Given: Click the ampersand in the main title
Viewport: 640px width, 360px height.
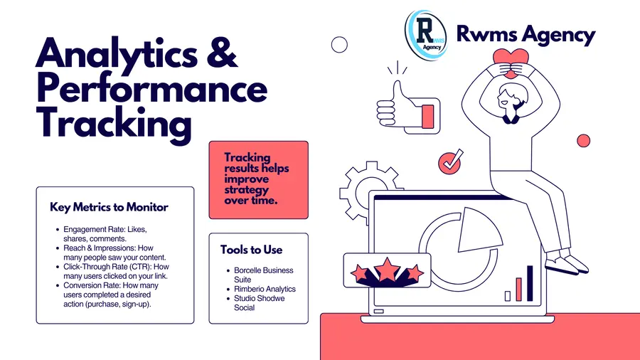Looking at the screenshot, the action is tap(222, 53).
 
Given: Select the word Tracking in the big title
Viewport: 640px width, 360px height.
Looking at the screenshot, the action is tap(114, 124).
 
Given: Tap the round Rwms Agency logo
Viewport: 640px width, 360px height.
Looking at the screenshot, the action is tap(426, 36).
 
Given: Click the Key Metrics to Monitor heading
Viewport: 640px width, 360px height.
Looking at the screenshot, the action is tap(109, 207).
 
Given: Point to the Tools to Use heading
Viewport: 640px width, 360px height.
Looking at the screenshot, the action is tap(252, 250).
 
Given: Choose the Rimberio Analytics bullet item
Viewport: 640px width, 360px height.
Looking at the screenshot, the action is tap(265, 289).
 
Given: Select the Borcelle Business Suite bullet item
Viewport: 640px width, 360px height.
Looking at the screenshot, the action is tap(263, 275).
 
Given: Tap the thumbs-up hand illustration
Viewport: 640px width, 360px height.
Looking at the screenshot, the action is tap(407, 107).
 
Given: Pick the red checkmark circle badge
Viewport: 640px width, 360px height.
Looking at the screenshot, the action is tap(449, 163).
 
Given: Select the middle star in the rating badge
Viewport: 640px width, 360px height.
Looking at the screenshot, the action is tap(387, 270).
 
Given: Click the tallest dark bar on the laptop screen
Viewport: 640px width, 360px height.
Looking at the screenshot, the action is tap(530, 283).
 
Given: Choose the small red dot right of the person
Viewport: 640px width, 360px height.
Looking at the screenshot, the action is tap(584, 141).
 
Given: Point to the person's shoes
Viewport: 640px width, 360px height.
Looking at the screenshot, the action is tap(567, 265).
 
